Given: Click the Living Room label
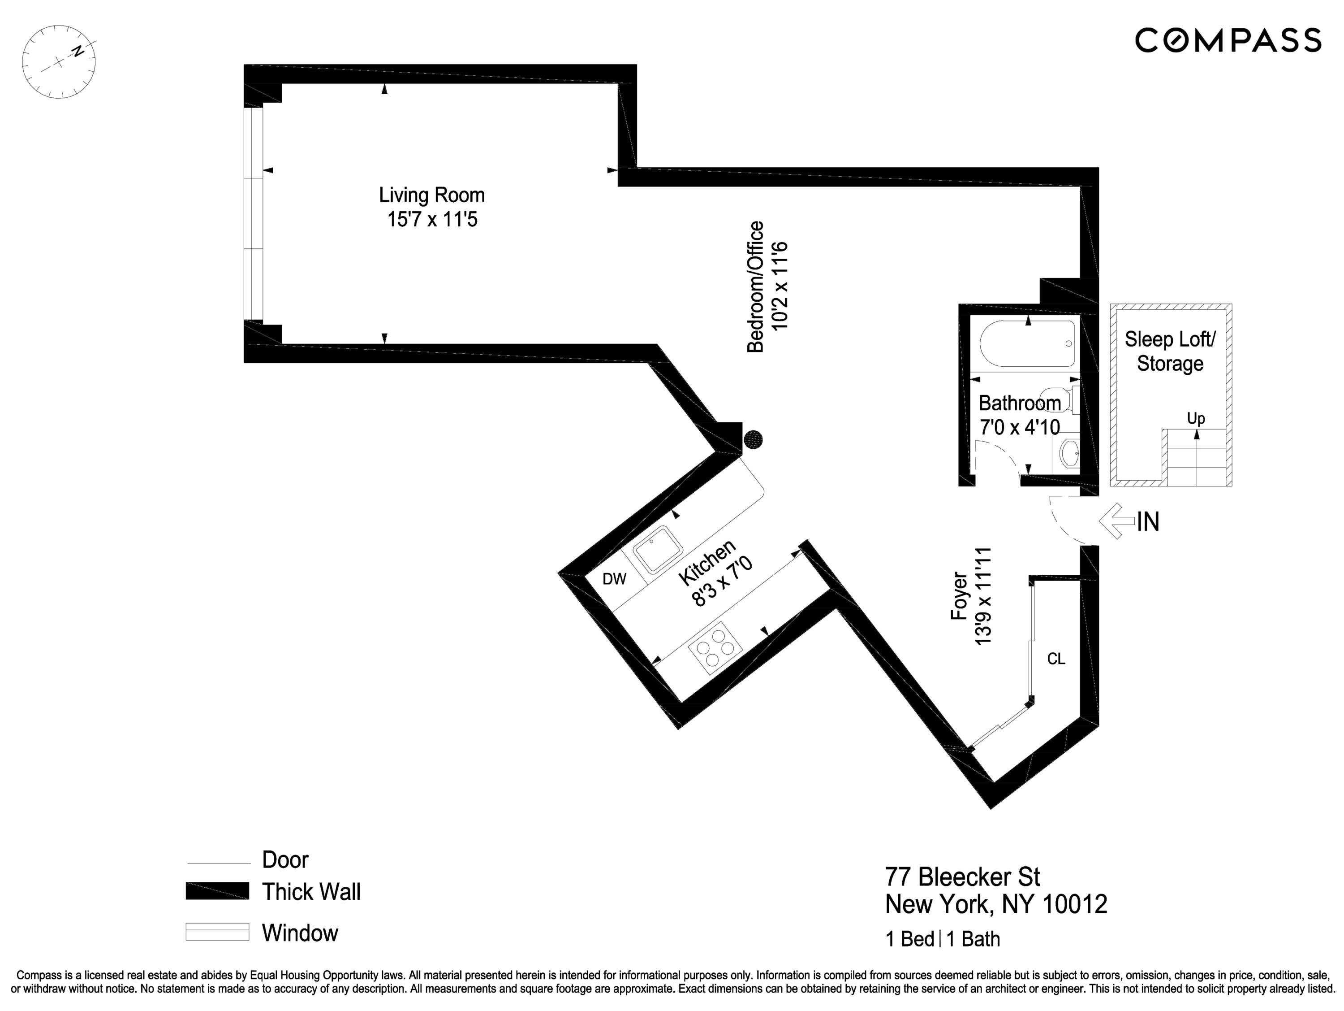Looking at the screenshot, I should pos(431,195).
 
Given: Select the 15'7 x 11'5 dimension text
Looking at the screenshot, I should pos(432,219).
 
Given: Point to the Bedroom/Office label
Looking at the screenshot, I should pos(755,286).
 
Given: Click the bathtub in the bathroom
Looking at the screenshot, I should pos(1027,344).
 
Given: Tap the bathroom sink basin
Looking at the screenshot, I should pos(1069,452).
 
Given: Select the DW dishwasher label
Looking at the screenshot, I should pos(614,579).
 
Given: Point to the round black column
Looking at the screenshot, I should pos(754,439).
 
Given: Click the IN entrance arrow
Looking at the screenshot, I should pos(1117,521).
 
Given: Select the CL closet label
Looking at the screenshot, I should pos(1056,659).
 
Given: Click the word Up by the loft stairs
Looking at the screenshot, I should pos(1196,418).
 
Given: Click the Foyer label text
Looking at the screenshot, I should pos(959,596).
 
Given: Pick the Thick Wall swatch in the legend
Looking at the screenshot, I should pos(217,891).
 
